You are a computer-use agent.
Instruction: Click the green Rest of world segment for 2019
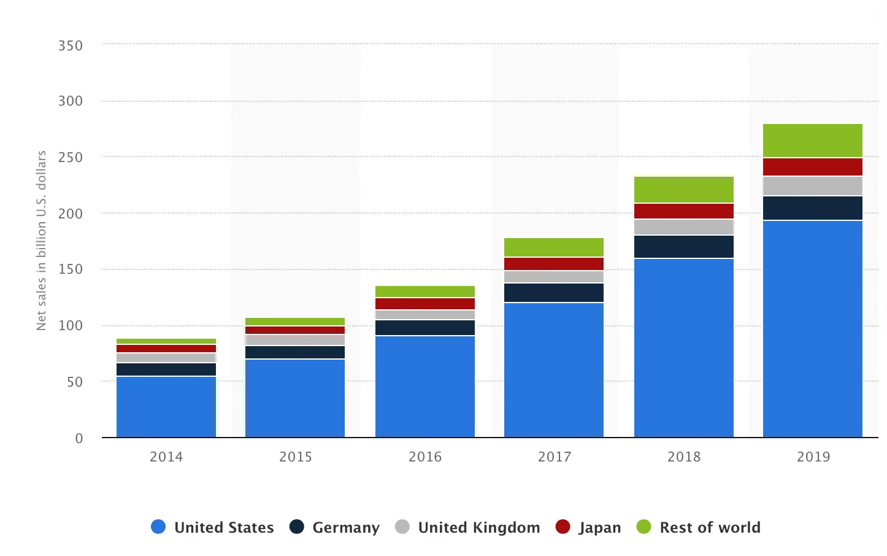coord(813,141)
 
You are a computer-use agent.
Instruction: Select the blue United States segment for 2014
coord(166,407)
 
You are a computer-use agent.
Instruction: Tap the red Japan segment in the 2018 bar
coord(684,211)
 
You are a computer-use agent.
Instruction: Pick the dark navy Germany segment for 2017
coord(554,293)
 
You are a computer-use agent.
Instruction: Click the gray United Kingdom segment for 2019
coord(813,186)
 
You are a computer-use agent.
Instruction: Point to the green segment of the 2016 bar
coord(425,292)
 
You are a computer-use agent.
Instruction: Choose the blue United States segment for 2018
coord(684,348)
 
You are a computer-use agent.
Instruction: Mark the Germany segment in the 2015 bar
coord(295,352)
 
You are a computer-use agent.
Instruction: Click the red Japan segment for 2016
coord(425,304)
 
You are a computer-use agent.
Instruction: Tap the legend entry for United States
coord(212,527)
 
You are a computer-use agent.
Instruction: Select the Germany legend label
coord(346,528)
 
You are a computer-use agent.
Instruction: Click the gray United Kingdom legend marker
coord(402,527)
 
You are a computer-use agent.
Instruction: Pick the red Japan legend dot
coord(563,527)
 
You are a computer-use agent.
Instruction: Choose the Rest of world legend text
coord(710,528)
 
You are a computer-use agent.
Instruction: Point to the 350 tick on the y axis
coord(71,46)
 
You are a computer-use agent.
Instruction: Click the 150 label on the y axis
coord(71,269)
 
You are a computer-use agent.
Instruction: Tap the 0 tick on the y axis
coord(79,438)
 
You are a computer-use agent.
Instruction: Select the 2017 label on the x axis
coord(555,457)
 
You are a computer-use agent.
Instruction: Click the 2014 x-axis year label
coord(166,457)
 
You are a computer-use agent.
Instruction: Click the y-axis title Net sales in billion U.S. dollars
coord(41,241)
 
